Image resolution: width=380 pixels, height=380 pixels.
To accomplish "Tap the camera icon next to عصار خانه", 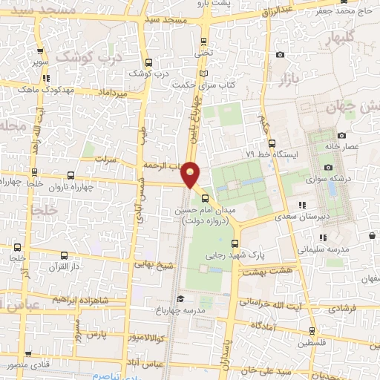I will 341,135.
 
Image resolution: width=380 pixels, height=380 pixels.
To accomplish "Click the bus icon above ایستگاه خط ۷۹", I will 271,142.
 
